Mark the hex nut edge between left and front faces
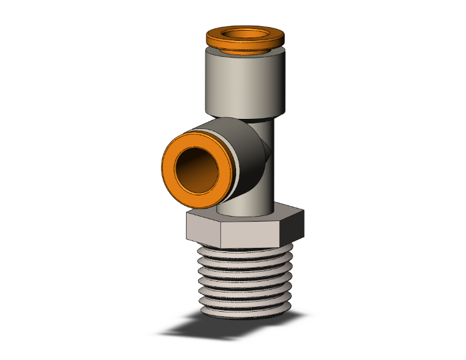[220, 232]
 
